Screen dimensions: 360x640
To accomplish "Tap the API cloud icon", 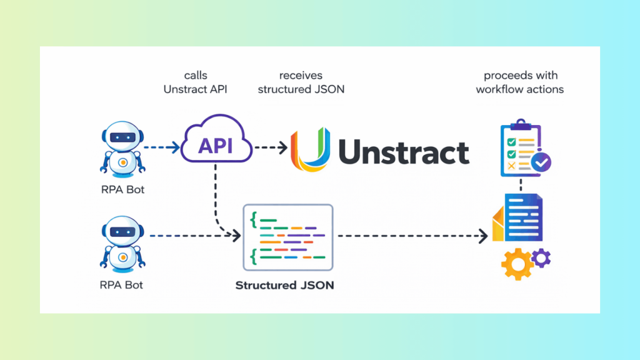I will [216, 146].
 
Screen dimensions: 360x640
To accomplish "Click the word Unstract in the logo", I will [403, 152].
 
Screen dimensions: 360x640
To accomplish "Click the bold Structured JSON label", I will [284, 286].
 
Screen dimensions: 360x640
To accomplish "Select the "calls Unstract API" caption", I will [196, 82].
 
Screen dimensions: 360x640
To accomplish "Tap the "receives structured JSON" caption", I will [301, 82].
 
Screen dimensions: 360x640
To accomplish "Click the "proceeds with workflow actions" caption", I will [520, 82].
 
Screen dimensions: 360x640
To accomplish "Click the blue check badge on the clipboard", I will [541, 162].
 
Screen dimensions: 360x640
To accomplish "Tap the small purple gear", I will [541, 256].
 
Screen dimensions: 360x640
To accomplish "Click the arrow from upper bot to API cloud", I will [162, 148].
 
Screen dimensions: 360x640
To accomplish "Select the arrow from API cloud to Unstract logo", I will [271, 148].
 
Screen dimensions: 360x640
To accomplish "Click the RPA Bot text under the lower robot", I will [122, 286].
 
